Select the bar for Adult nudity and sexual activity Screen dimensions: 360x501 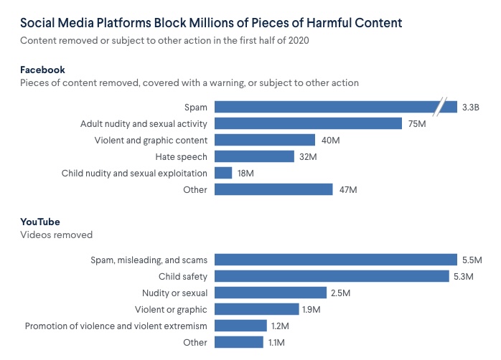[308, 123]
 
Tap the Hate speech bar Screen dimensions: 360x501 [254, 156]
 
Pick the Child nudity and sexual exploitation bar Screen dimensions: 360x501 [223, 173]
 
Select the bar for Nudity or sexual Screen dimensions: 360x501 [271, 293]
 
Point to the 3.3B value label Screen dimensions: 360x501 [471, 108]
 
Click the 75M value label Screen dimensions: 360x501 [417, 124]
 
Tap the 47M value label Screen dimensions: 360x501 [348, 190]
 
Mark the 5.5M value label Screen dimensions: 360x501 [472, 260]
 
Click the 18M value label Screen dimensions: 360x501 [246, 174]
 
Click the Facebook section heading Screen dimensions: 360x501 [43, 70]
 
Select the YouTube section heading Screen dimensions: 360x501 [41, 222]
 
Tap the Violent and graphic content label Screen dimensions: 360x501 [151, 140]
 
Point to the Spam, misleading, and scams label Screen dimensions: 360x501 [149, 260]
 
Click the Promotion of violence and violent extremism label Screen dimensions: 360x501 [116, 326]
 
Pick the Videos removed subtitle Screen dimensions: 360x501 [56, 235]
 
